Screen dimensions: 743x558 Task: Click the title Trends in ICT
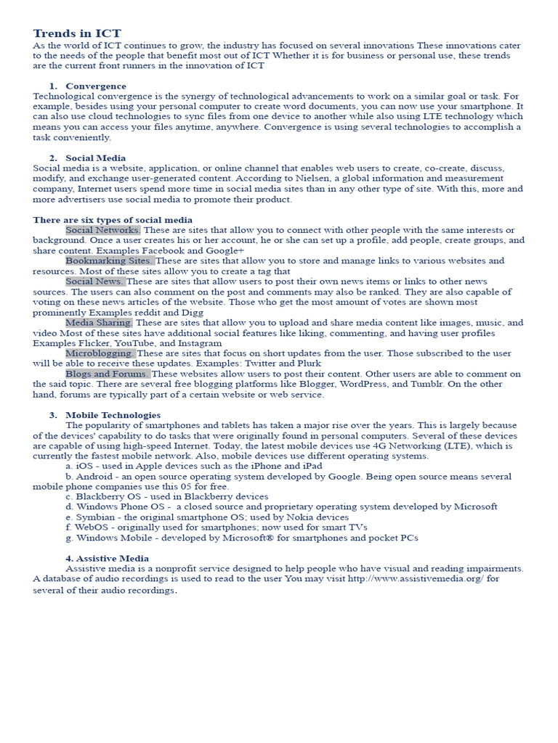coord(77,33)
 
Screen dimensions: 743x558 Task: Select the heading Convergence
coord(95,86)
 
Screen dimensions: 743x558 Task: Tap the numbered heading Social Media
coord(95,157)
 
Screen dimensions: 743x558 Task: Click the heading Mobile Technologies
coord(113,415)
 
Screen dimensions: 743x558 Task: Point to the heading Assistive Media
coord(107,558)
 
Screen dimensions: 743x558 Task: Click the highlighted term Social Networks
coord(102,230)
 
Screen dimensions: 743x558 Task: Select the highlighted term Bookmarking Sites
coord(109,260)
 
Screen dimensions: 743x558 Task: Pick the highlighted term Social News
coord(94,281)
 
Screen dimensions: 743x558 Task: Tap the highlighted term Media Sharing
coord(99,322)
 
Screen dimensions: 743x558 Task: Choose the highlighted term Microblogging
coord(100,353)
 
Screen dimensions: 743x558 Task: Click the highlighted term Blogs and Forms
coord(108,374)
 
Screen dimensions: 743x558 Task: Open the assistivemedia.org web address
coord(416,579)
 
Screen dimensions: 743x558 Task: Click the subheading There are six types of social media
coord(113,220)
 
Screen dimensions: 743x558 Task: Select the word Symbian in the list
coord(94,517)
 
